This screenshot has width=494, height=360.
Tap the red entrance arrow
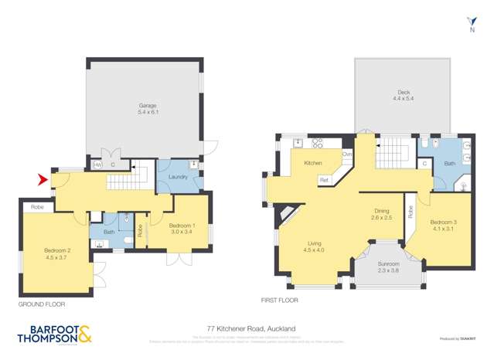pos(43,181)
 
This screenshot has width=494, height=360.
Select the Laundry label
pos(174,177)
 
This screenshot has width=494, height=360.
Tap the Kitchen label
pos(312,163)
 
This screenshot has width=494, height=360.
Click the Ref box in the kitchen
pos(324,180)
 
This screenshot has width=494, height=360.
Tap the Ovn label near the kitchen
pos(348,155)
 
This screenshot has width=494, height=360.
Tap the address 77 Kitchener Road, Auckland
pos(247,328)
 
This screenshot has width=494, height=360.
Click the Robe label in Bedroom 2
pos(36,207)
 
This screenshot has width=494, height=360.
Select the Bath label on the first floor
pos(449,164)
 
